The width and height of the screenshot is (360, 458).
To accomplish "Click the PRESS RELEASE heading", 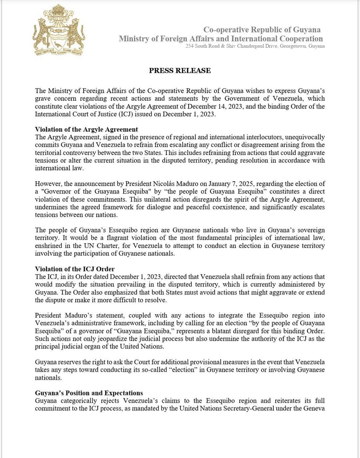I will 179,71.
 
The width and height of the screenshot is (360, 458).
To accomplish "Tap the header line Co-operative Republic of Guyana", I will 262,30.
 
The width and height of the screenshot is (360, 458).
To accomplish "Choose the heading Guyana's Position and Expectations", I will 89,393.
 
